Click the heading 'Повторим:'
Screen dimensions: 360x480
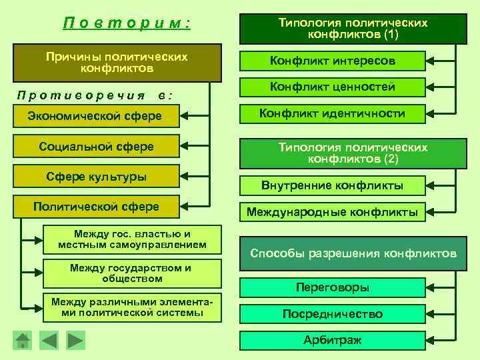coord(127,23)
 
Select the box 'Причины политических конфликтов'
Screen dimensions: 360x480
coord(117,63)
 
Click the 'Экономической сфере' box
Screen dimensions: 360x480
coord(95,117)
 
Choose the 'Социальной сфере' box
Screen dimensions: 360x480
coord(96,147)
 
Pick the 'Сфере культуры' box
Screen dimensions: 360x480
coord(96,177)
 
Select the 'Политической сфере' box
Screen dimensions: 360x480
coord(96,207)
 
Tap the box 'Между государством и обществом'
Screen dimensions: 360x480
coord(130,273)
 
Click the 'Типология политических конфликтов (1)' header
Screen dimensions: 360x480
coord(353,28)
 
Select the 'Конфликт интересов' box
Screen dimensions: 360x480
coord(332,61)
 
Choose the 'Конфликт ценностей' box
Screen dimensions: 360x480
coord(332,87)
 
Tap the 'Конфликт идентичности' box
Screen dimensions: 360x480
coord(332,114)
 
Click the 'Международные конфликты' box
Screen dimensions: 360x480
coord(332,213)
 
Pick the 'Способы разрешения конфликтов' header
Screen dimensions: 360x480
coord(353,254)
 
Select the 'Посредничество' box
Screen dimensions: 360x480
coord(332,314)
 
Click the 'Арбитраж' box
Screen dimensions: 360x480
coord(332,341)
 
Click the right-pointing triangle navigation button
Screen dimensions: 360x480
coord(75,340)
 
